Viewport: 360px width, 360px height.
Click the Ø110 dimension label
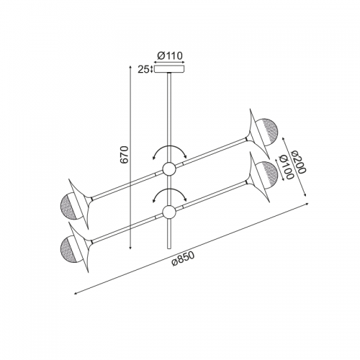[170, 55]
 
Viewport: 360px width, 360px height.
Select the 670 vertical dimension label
[125, 155]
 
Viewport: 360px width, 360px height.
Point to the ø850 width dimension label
[183, 258]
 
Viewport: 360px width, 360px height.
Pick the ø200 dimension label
[298, 162]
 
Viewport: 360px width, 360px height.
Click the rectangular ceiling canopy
[169, 69]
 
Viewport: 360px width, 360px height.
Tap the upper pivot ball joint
[169, 169]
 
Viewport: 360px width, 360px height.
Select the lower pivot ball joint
[169, 212]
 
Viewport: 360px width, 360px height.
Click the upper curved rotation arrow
[170, 146]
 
